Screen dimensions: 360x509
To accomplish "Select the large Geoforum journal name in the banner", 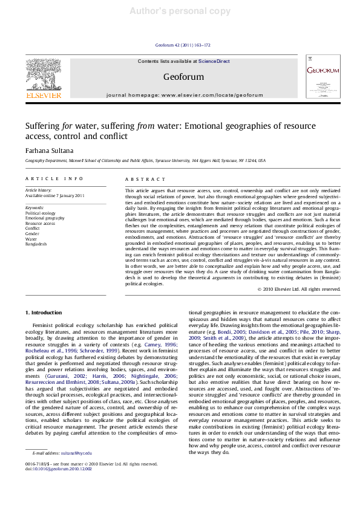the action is (180, 77).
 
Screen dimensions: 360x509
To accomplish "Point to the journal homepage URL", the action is (180, 96).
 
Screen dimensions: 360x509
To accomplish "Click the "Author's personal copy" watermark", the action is (180, 10).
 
